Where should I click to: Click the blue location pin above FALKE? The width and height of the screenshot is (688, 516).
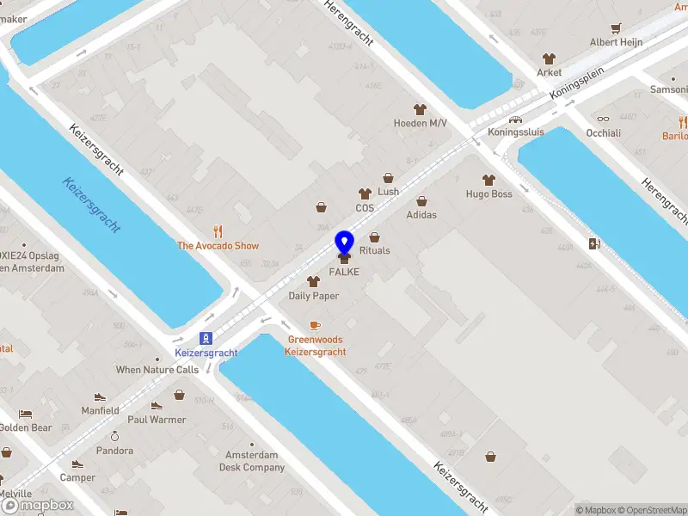coord(345,243)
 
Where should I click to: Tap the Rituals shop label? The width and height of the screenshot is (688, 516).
coord(375,250)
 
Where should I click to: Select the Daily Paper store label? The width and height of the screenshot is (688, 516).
coord(313,296)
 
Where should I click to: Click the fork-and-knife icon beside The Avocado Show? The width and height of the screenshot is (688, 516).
coord(218,230)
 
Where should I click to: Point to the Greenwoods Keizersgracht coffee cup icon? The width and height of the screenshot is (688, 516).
coord(315,325)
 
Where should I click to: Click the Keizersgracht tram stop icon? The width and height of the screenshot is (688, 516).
coord(206,338)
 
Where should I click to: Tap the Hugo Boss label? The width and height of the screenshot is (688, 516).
coord(489,193)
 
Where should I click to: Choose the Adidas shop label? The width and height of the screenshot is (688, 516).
coord(421,215)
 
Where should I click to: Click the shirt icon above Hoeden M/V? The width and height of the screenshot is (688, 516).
coord(421,109)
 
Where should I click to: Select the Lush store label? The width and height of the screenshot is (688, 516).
coord(389,192)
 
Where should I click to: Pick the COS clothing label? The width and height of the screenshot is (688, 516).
coord(365,208)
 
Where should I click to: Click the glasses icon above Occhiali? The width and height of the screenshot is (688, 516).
coord(603,120)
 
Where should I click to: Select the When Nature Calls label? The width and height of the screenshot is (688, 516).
coord(157,370)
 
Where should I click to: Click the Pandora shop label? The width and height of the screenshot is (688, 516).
coord(114,451)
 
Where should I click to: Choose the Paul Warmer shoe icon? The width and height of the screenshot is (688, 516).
coord(157,406)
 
